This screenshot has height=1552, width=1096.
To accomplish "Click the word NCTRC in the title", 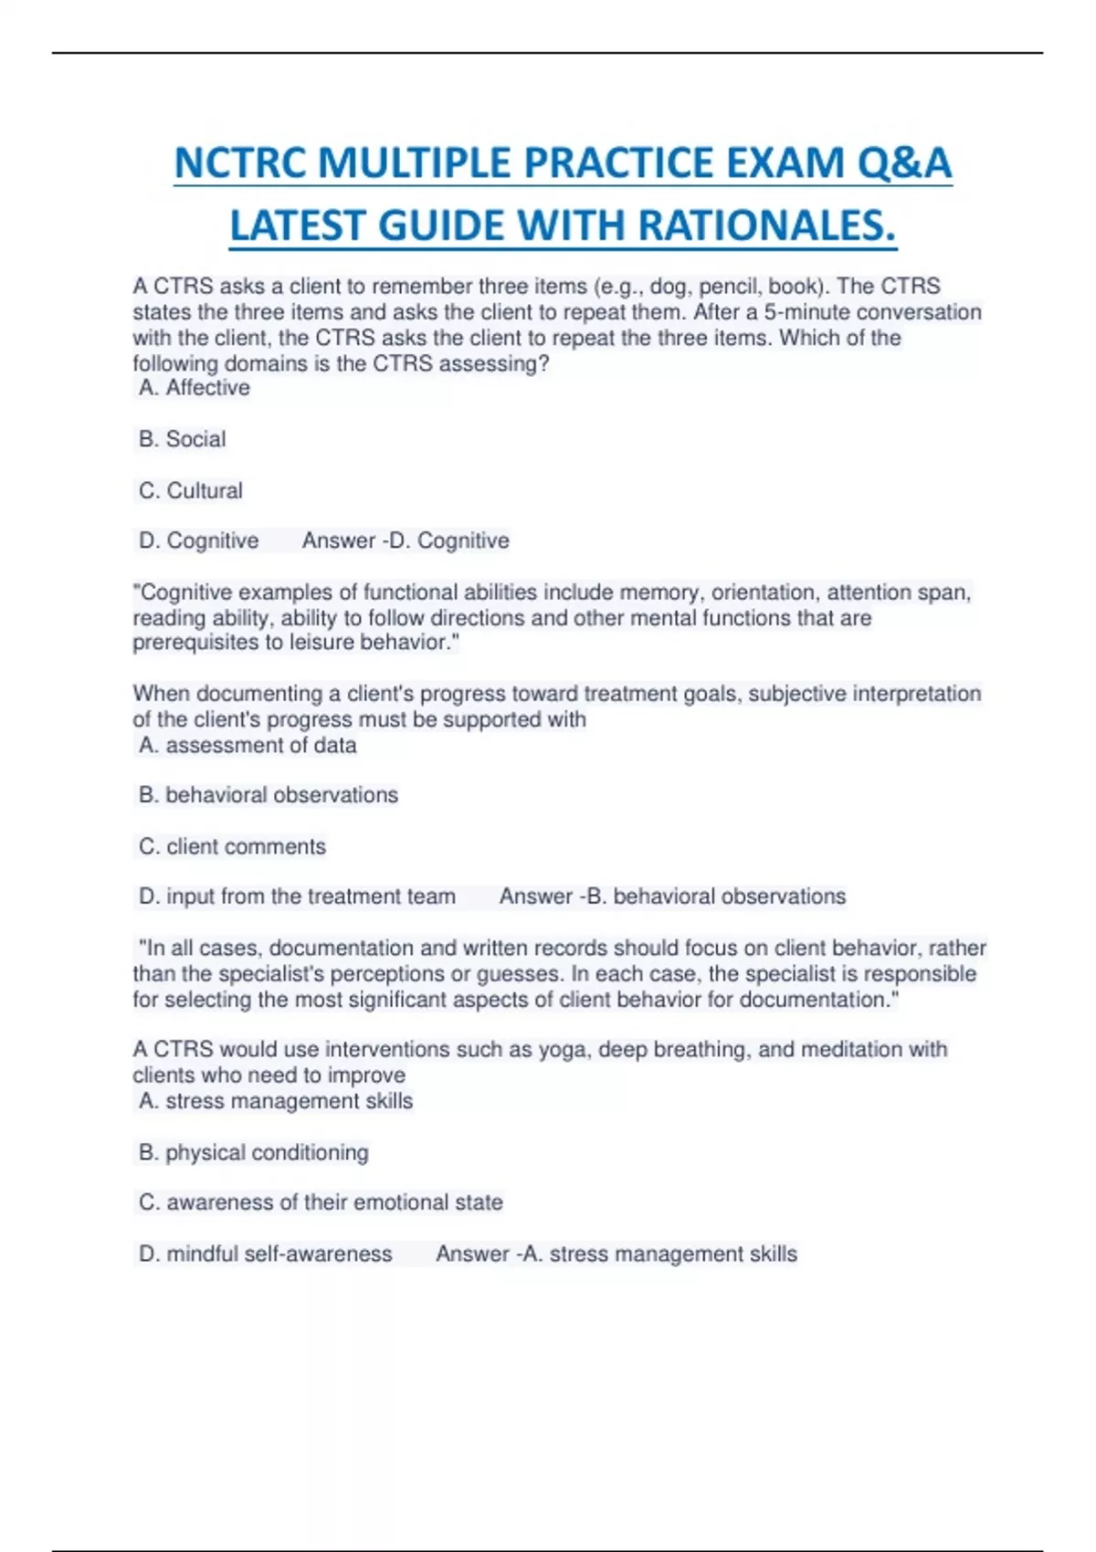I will point(240,164).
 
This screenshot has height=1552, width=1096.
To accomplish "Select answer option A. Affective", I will point(194,388).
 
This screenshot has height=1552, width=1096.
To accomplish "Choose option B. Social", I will point(182,439).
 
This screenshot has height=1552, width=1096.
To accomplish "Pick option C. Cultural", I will point(190,490).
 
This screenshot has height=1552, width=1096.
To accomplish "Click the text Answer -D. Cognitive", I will point(406,540).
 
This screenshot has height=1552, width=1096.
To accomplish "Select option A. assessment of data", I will point(248,745).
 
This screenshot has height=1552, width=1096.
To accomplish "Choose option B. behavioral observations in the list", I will point(268,795).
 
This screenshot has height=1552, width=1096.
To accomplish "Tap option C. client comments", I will point(232,846).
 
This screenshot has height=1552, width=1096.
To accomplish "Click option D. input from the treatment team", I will point(297,897).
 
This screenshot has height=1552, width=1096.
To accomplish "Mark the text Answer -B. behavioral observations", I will point(672,897).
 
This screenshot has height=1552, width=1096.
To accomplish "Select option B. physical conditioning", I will point(253,1152).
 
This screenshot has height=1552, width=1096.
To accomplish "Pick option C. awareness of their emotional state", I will point(321,1202).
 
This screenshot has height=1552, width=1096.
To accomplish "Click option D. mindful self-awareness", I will point(265,1253).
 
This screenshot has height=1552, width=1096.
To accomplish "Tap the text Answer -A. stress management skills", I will point(616,1253).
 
